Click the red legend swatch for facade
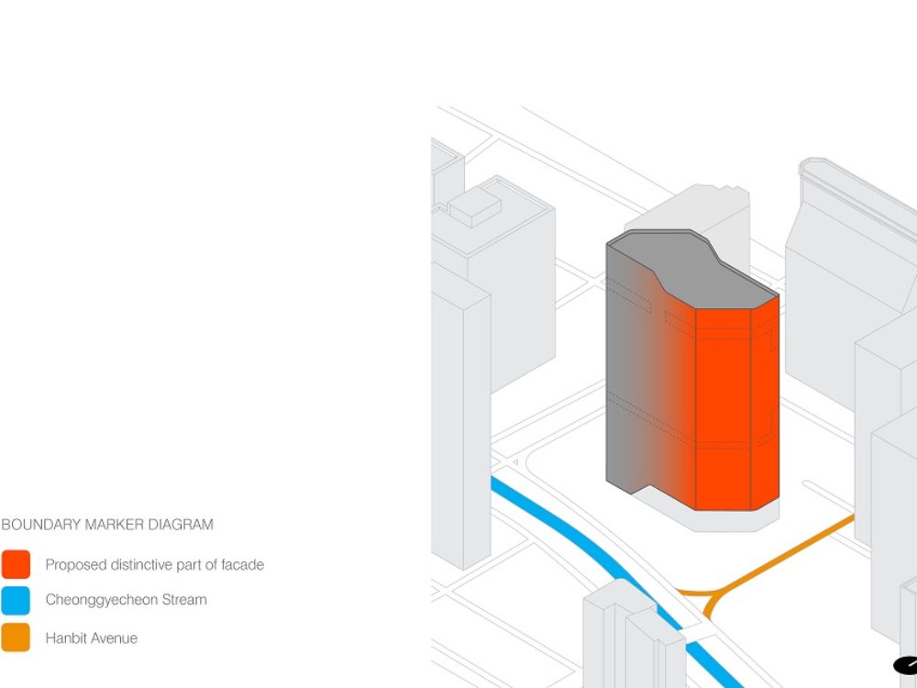tap(16, 564)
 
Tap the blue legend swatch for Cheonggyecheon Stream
tap(16, 601)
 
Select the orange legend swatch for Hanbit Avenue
tap(16, 638)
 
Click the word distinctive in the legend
tap(138, 564)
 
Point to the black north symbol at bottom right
tap(905, 665)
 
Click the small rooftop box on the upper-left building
tap(474, 206)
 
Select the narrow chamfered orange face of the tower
tap(765, 404)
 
